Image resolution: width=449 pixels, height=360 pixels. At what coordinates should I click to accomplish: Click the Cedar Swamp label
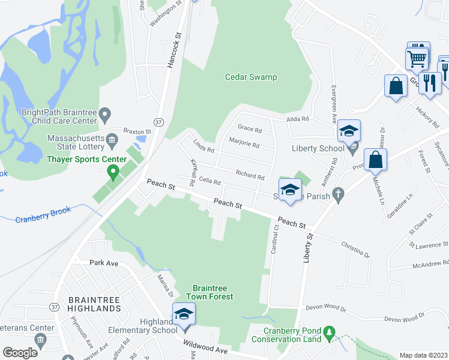[251, 77]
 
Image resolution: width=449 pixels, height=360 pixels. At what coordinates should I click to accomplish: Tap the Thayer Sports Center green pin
[112, 173]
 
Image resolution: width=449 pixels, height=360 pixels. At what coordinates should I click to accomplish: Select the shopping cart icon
[417, 59]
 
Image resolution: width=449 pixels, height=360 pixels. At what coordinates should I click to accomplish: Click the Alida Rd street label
[297, 119]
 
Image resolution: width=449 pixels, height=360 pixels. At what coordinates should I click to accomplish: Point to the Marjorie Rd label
[244, 144]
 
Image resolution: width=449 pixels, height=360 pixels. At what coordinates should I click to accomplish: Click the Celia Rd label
[209, 181]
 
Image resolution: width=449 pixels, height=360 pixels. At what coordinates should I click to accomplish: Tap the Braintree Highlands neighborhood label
[95, 304]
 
